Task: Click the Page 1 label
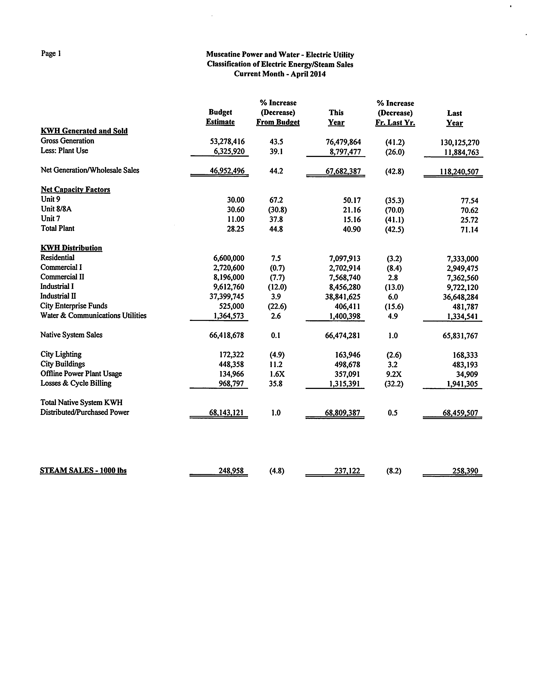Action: click(x=51, y=53)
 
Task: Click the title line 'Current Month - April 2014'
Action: click(x=280, y=74)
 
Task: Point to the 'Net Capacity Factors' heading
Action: click(x=75, y=190)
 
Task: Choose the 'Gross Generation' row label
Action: click(x=67, y=141)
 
